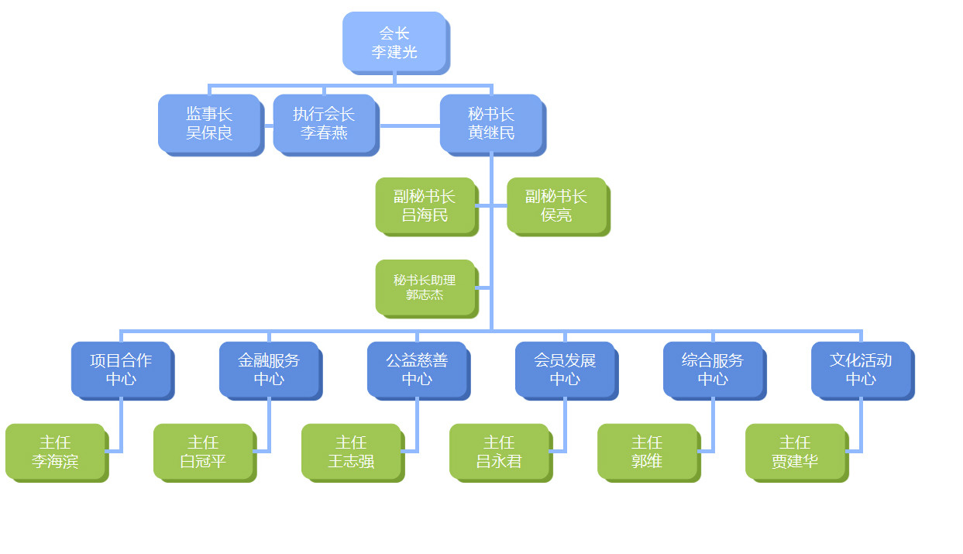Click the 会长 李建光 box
(394, 42)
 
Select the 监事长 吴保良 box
(209, 123)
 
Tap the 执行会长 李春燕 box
(324, 123)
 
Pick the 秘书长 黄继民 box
(491, 123)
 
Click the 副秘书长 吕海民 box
(425, 205)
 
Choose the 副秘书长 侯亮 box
(556, 205)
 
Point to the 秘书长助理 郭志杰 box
(425, 287)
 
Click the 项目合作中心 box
(121, 370)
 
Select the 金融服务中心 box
(269, 370)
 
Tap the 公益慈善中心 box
(417, 370)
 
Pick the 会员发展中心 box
(565, 370)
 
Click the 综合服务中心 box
(713, 370)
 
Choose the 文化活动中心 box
(861, 370)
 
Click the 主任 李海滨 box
(55, 452)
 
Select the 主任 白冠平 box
(203, 452)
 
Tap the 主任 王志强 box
(351, 452)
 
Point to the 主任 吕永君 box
(499, 452)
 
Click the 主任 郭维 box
(647, 452)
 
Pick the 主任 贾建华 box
(795, 452)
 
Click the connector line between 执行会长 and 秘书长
(409, 125)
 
